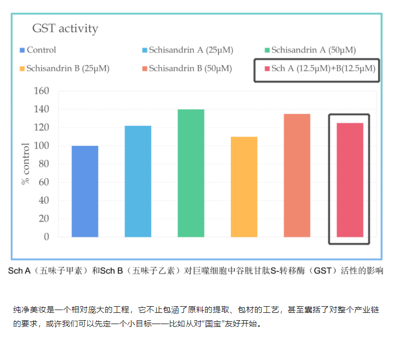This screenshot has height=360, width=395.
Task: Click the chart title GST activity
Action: [x=65, y=28]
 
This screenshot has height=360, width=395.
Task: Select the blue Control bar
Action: [x=85, y=191]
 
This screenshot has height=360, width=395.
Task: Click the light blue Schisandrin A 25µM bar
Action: [x=138, y=181]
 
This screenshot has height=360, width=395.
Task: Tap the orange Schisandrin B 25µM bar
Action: [x=244, y=187]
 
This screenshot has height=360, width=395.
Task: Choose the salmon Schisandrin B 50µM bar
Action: [x=297, y=175]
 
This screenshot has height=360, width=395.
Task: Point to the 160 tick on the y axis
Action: [x=42, y=91]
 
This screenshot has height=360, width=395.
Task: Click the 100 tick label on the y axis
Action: [x=42, y=146]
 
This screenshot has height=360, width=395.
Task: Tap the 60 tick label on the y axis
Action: [x=44, y=182]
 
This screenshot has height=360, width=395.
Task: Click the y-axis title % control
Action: [x=25, y=164]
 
